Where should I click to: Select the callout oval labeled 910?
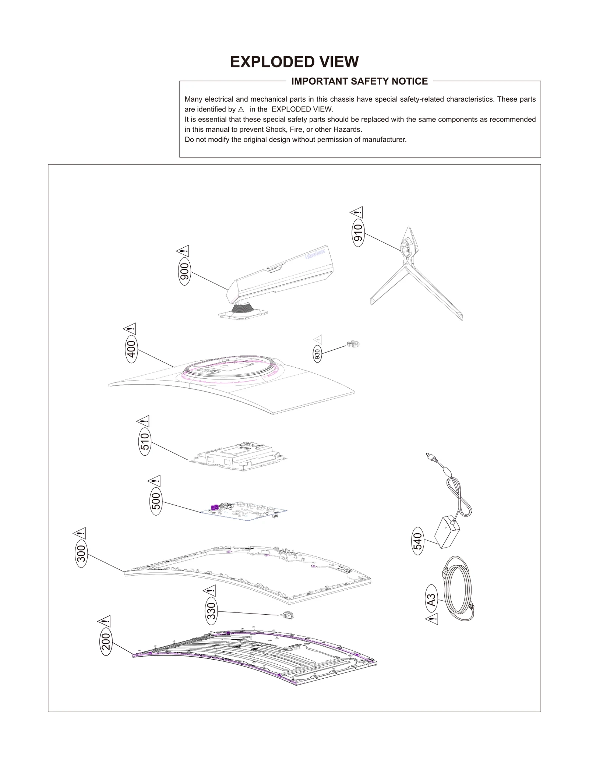(358, 233)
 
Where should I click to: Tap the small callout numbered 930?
(317, 354)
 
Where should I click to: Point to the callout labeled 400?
(131, 349)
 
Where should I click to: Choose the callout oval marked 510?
(145, 441)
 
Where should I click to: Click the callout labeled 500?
(156, 501)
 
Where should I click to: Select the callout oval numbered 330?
(211, 611)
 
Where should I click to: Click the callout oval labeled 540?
(418, 541)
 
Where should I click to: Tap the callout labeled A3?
(431, 600)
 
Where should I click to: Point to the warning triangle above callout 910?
(356, 212)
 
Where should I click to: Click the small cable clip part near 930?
(353, 344)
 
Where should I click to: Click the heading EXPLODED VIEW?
(294, 62)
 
